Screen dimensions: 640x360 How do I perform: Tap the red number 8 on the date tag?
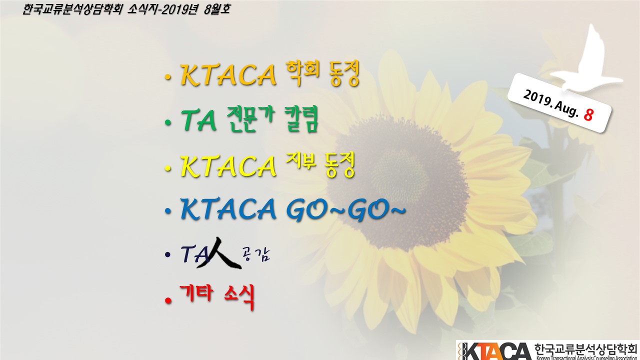point(588,114)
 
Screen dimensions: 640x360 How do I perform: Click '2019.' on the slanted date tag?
point(537,98)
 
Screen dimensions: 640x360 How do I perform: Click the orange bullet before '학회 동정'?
point(168,77)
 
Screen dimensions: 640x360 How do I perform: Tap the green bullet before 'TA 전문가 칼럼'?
point(168,123)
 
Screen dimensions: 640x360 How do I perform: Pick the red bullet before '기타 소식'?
point(168,300)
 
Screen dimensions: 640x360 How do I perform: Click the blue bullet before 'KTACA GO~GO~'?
point(168,211)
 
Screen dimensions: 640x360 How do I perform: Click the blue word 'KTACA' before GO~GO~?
point(228,209)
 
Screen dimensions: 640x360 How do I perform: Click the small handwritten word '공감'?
point(255,254)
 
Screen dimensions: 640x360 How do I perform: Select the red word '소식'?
point(239,297)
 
